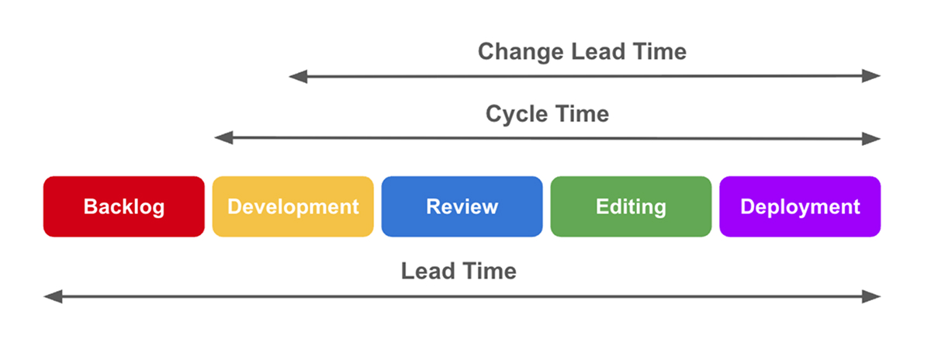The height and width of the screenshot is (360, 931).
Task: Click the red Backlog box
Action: [123, 206]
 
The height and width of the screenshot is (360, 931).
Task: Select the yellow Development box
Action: [292, 206]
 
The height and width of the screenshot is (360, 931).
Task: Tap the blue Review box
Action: [462, 206]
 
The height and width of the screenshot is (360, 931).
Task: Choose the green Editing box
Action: [631, 206]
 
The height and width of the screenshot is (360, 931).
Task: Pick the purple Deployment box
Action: [800, 206]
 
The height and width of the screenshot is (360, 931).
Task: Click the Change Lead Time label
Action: [582, 52]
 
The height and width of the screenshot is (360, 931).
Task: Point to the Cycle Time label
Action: [547, 114]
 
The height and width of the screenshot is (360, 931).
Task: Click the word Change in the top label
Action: [521, 52]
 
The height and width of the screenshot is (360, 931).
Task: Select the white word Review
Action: [462, 207]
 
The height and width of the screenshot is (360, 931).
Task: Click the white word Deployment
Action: [800, 207]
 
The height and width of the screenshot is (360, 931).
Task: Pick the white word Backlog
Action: [124, 207]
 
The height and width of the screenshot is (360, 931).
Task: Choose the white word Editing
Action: [631, 207]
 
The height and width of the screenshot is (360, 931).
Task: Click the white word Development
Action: [293, 207]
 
